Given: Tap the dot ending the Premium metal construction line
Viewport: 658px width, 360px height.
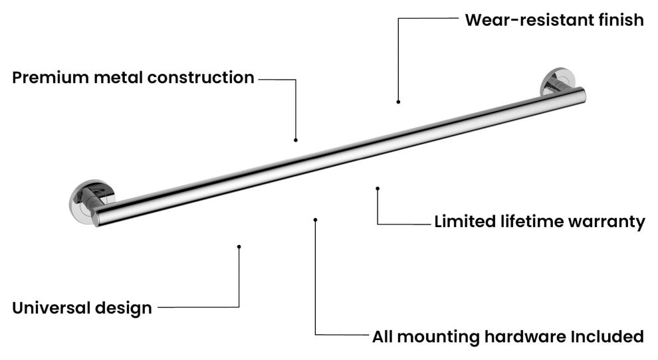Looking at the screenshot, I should click(295, 140).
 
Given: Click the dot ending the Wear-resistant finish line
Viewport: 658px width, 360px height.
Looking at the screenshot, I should click(398, 102).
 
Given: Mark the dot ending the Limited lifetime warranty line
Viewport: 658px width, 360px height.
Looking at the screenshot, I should click(378, 189).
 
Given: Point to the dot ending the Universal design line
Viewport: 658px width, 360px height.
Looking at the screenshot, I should click(239, 246).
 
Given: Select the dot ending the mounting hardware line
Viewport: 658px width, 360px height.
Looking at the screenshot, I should click(316, 219).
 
